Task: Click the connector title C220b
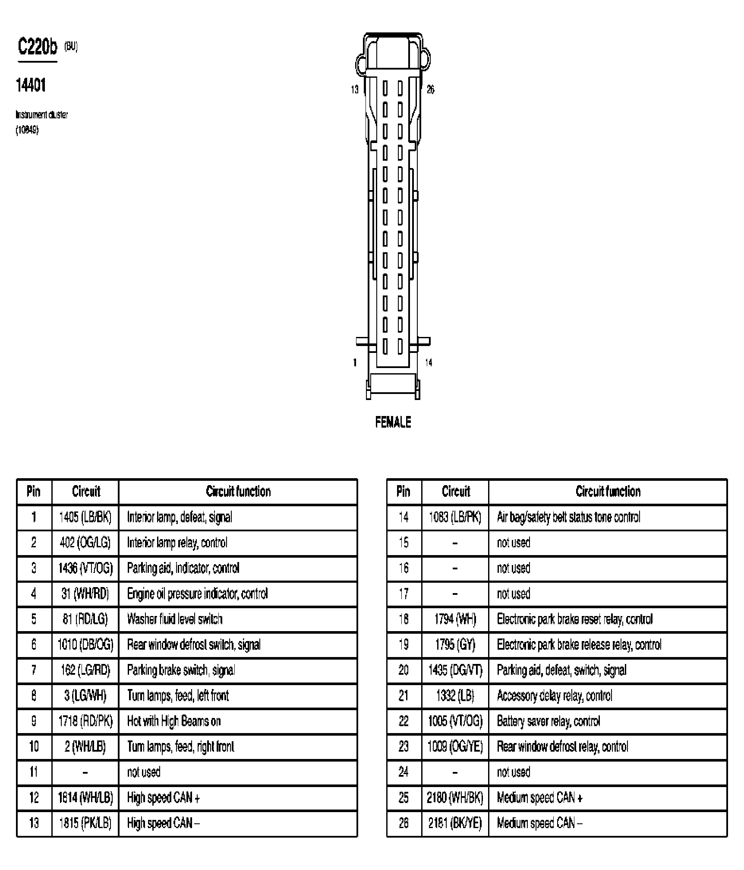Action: pyautogui.click(x=37, y=47)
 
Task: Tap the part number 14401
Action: pyautogui.click(x=31, y=86)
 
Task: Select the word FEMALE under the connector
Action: pyautogui.click(x=393, y=422)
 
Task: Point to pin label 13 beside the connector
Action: pyautogui.click(x=355, y=89)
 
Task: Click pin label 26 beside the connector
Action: pyautogui.click(x=430, y=89)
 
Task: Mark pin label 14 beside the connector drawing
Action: pyautogui.click(x=429, y=362)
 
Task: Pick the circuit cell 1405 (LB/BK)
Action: pyautogui.click(x=85, y=517)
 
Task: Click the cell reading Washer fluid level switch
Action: pyautogui.click(x=175, y=619)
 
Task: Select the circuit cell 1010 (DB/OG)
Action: pyautogui.click(x=85, y=645)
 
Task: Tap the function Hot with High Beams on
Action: pyautogui.click(x=174, y=721)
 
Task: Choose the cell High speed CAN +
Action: pyautogui.click(x=164, y=797)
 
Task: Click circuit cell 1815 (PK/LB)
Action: pyautogui.click(x=85, y=823)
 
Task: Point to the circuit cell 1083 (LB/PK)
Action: pyautogui.click(x=455, y=517)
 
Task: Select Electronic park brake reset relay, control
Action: pyautogui.click(x=575, y=619)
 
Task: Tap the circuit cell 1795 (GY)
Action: pyautogui.click(x=455, y=645)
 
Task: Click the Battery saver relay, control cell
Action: pyautogui.click(x=549, y=721)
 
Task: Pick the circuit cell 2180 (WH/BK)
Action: pyautogui.click(x=455, y=797)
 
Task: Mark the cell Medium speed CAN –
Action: pyautogui.click(x=539, y=823)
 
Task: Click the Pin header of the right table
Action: pyautogui.click(x=404, y=491)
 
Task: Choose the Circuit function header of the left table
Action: pyautogui.click(x=238, y=491)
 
